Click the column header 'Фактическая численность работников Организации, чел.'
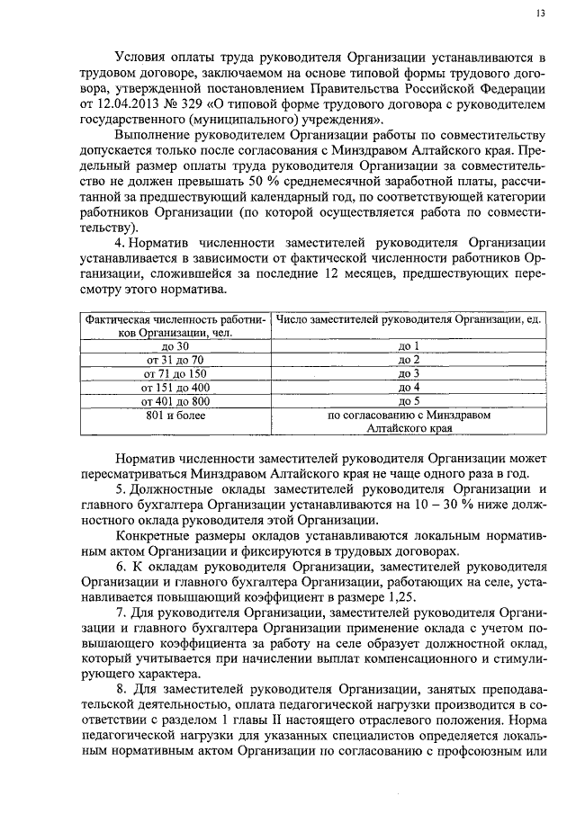click(170, 326)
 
